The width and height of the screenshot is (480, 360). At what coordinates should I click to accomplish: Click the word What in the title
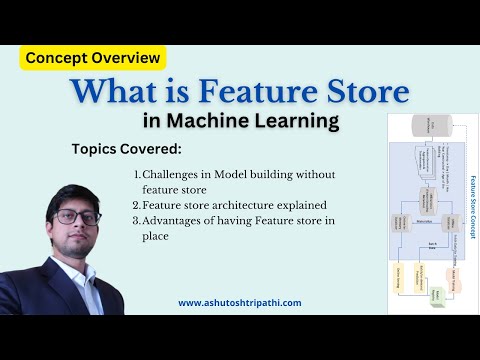(123, 93)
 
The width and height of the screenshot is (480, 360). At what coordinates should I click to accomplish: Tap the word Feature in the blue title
(254, 93)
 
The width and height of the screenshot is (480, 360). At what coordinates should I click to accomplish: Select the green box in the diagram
(439, 297)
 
